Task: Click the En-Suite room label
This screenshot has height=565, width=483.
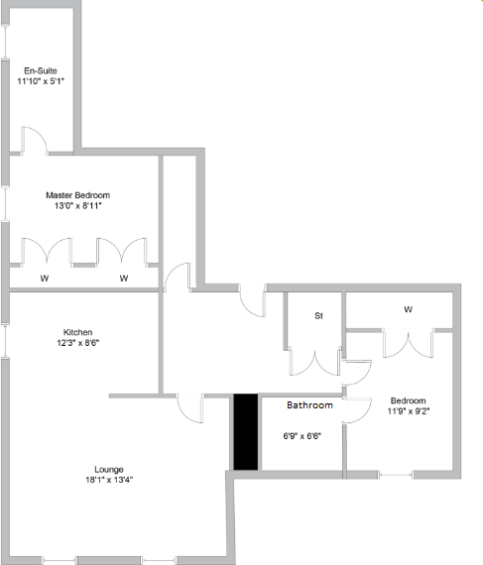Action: [41, 70]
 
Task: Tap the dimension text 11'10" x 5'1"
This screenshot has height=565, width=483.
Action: [41, 82]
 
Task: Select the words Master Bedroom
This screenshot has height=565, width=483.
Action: [77, 194]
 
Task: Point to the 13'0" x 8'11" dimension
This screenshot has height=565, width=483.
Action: [77, 206]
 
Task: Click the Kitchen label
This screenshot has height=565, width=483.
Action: [78, 332]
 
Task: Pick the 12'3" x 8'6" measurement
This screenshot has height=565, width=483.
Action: [78, 344]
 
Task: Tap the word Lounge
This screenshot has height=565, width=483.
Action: [109, 469]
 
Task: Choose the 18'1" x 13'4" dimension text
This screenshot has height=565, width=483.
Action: [109, 481]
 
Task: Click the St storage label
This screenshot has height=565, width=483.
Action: [319, 316]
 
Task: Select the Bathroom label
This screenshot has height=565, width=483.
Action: [309, 405]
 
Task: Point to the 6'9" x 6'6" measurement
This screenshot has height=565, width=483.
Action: [303, 435]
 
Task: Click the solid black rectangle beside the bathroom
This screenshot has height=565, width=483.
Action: [244, 432]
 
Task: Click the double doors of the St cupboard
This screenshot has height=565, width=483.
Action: [313, 361]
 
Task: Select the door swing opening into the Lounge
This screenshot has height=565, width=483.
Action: [188, 408]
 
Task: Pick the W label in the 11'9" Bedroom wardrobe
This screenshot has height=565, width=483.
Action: [408, 309]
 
